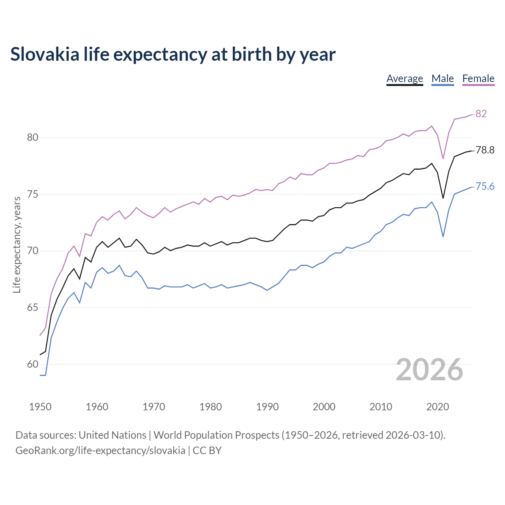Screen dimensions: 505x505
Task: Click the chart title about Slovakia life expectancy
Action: pos(173,54)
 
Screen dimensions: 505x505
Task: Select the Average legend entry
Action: pos(404,79)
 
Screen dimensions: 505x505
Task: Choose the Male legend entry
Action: pos(442,79)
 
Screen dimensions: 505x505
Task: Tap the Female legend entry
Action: pos(478,79)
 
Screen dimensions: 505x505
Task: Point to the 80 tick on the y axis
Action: pos(32,138)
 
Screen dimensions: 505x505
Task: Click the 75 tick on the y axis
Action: pos(32,195)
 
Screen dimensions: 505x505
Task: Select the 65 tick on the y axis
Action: pos(32,308)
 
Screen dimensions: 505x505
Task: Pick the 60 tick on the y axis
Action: pos(32,364)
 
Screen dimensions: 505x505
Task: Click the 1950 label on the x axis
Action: pos(40,407)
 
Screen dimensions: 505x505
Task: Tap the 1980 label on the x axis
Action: pos(210,407)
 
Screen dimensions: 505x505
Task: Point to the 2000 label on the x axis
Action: pos(324,407)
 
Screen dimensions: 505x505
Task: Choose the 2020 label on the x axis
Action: pos(438,407)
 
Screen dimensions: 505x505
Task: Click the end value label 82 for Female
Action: pos(481,114)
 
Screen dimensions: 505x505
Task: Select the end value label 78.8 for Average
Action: pos(485,150)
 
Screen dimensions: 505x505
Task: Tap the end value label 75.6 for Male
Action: pos(485,186)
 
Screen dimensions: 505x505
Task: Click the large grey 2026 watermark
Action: pos(429,370)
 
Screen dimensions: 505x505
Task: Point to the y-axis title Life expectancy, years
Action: pos(17,245)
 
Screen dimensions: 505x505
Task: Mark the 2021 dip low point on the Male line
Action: pos(443,237)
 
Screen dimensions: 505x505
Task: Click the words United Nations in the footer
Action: pos(112,435)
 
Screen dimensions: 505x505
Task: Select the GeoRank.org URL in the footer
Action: pos(100,451)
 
